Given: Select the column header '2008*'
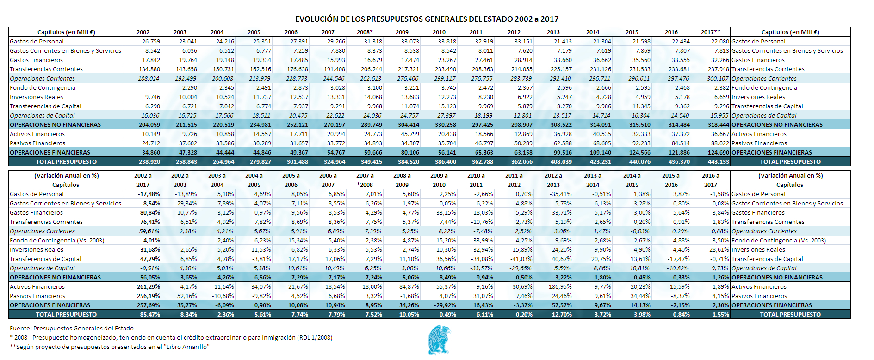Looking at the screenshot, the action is coord(365,32).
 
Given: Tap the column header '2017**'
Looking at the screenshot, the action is coord(710,32).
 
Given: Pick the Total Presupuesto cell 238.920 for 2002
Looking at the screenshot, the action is coord(149,162).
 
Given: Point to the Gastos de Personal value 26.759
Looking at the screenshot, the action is coord(151,42).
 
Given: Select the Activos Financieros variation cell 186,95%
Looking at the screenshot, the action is coord(560,287).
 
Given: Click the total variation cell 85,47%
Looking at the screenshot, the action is coord(150,315).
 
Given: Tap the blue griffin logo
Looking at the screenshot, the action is coord(439,340).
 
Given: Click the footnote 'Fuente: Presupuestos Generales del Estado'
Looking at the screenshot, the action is coord(72,329).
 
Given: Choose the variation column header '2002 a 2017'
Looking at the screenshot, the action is coord(143,180).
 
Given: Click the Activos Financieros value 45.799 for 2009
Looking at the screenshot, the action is coord(410,134).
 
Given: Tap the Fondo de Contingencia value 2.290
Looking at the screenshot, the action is coord(190,88).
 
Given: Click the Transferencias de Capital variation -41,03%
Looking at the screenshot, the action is coord(521,259).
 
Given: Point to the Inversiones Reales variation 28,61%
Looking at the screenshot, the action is coord(719,250).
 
